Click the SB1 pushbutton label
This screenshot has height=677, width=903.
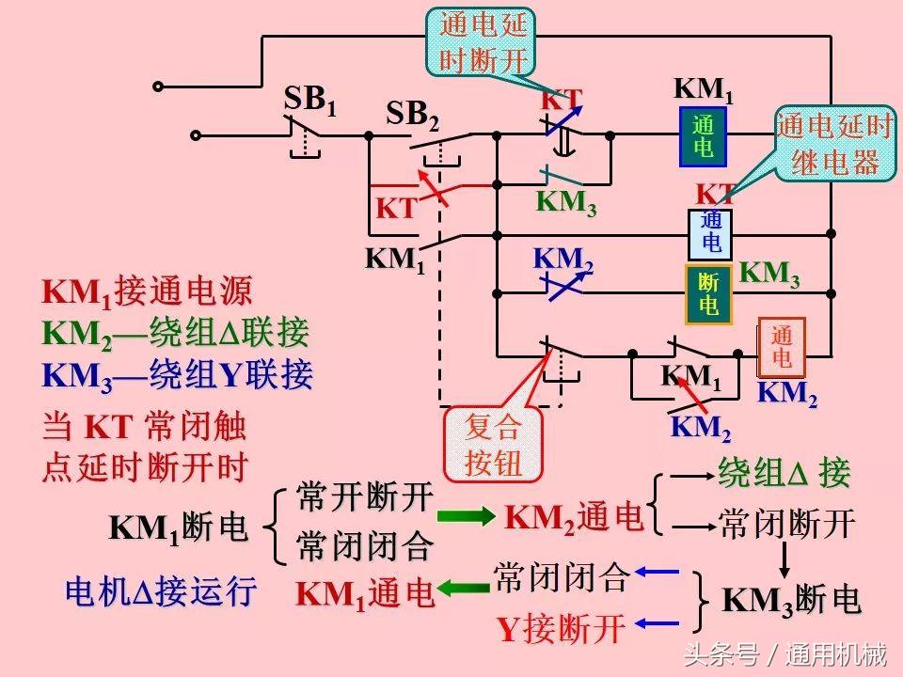[309, 100]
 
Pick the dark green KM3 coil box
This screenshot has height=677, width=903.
[709, 295]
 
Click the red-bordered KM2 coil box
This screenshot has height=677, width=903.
[781, 347]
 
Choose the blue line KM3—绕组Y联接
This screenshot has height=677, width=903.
[177, 375]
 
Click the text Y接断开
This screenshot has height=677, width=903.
[561, 628]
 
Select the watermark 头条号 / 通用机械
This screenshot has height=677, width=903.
[785, 653]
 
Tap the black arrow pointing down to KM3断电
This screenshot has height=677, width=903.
[785, 559]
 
